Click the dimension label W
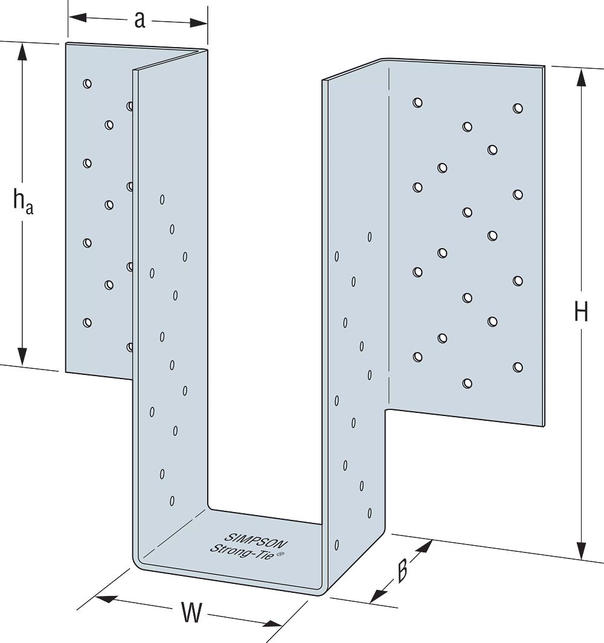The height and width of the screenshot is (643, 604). (x=191, y=613)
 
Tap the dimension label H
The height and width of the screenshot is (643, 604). (x=580, y=313)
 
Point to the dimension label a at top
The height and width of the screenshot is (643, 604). (x=140, y=20)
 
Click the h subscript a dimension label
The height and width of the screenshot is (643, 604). (x=23, y=201)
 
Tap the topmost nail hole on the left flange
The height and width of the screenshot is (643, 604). (x=88, y=83)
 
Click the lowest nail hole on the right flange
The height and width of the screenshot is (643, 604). (x=467, y=383)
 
